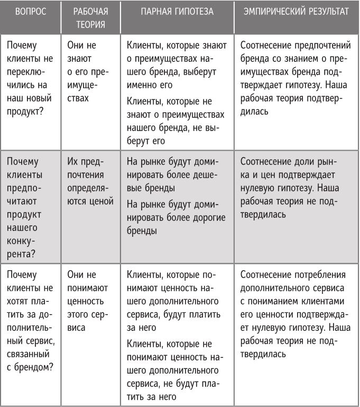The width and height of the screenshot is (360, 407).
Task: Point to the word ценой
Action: tap(100, 201)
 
